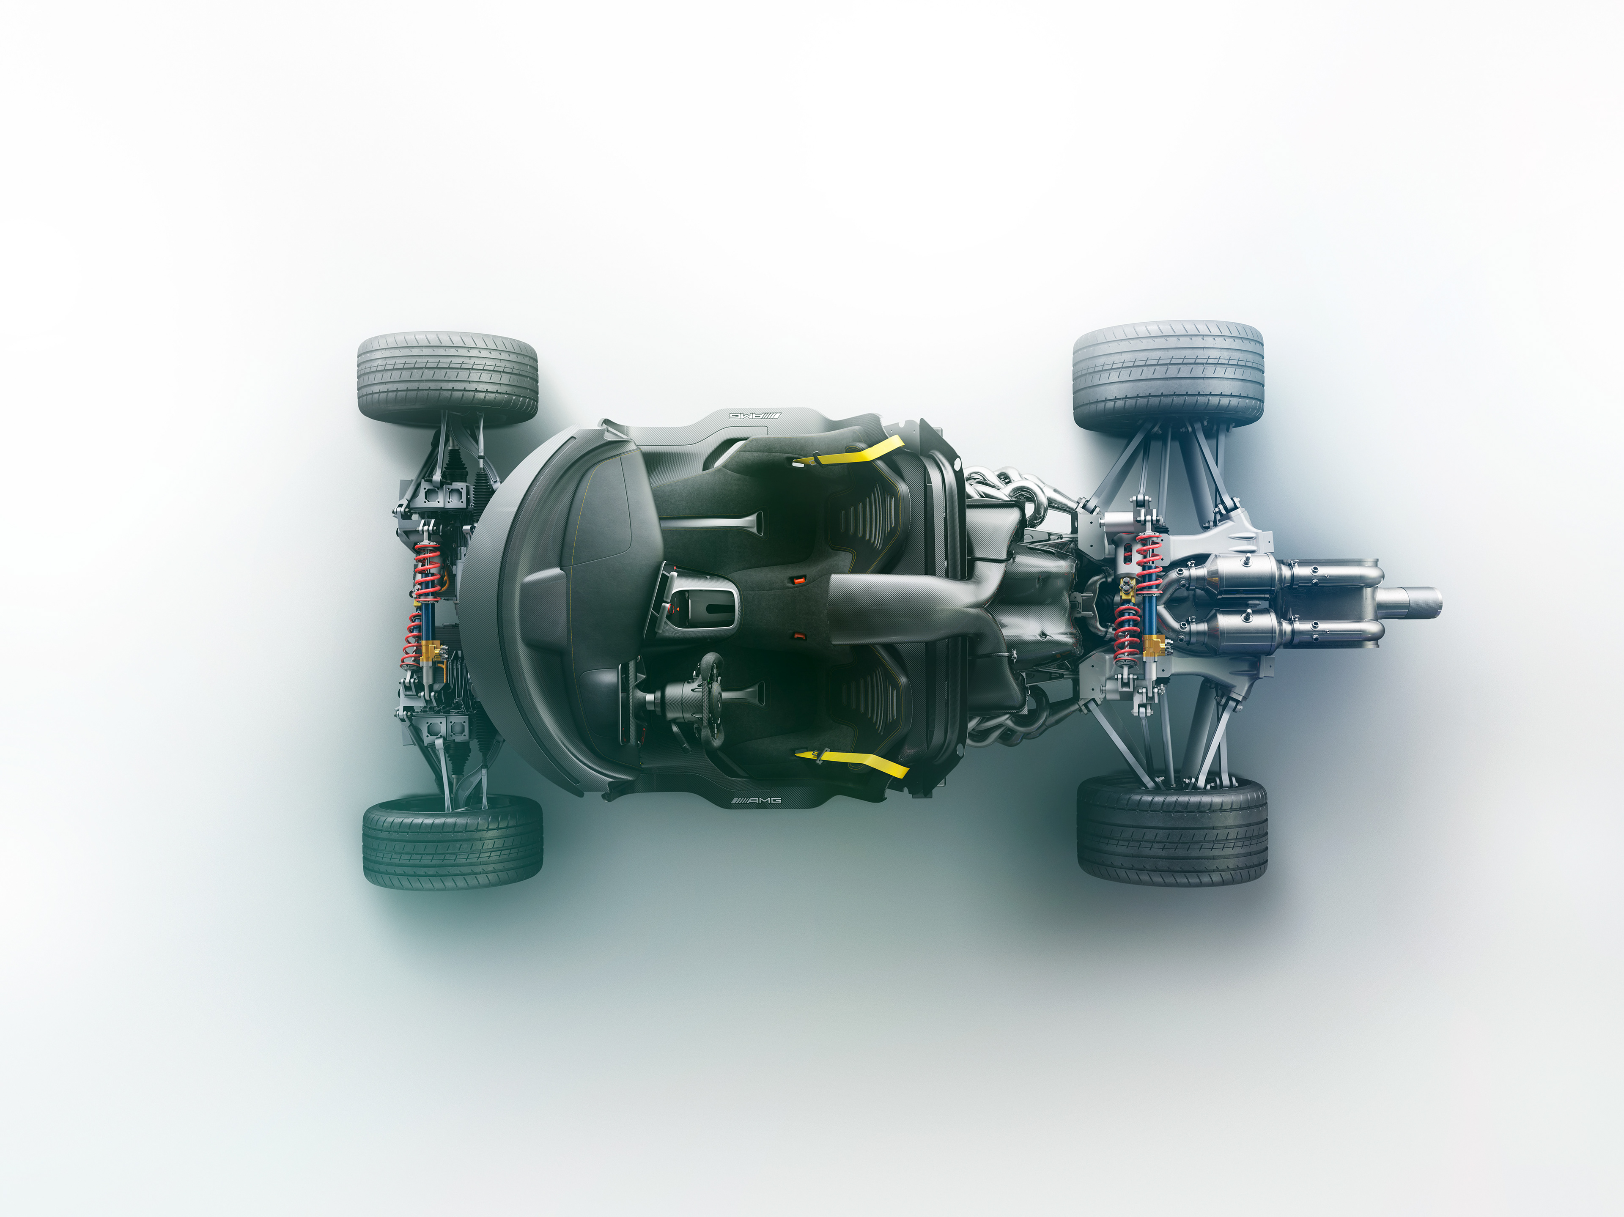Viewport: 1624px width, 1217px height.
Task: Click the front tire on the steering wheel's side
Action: point(452,843)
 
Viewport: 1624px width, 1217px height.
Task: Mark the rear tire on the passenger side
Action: point(1168,376)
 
